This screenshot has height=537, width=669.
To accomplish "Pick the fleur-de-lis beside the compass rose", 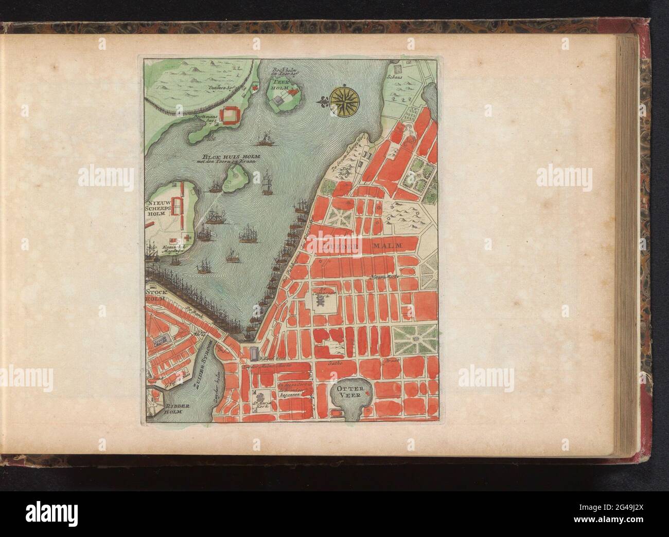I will click(x=323, y=101).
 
